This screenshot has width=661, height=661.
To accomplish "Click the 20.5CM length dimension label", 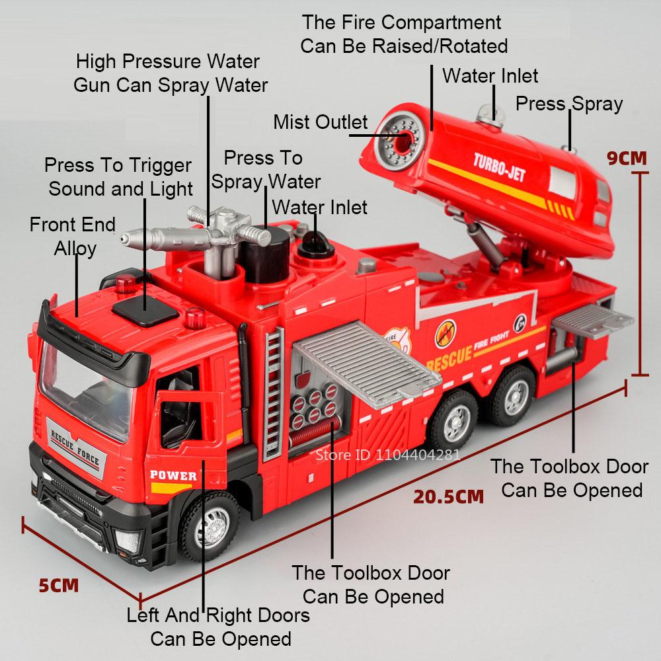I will pos(449,496).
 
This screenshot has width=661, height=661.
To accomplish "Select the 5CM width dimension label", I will pos(58,586).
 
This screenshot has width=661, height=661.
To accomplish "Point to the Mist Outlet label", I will pos(321,122).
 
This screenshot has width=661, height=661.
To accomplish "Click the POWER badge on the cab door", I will pos(173,475).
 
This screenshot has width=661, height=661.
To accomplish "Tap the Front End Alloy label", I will pos(73,236).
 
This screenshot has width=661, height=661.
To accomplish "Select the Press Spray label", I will pos(568,104).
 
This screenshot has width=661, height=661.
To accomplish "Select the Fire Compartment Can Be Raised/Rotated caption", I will pos(403,34).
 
